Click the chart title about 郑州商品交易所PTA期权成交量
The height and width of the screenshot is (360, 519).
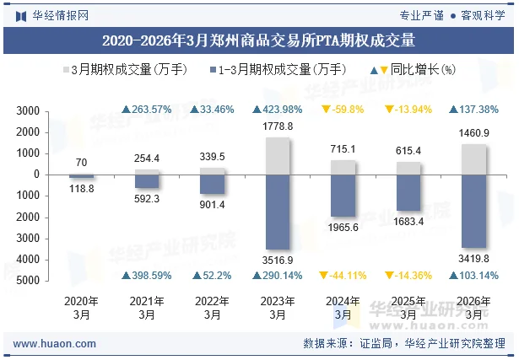[x=259, y=40]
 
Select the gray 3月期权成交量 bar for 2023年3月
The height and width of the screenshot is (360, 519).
[x=277, y=156]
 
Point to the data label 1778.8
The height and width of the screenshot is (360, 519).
[x=278, y=126]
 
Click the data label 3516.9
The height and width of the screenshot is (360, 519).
[x=278, y=261]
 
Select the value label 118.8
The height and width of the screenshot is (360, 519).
[x=82, y=189]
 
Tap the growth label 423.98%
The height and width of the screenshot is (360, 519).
[x=278, y=110]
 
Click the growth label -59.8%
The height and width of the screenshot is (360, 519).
[x=343, y=110]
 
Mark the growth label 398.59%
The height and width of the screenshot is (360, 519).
[x=147, y=276]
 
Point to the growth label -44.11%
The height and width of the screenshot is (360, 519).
[x=343, y=276]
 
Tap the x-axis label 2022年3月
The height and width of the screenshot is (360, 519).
[x=212, y=308]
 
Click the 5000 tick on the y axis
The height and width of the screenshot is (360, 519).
[x=30, y=281]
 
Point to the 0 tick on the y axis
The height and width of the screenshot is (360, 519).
[x=38, y=175]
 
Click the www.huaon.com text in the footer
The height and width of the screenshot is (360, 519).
[x=56, y=344]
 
